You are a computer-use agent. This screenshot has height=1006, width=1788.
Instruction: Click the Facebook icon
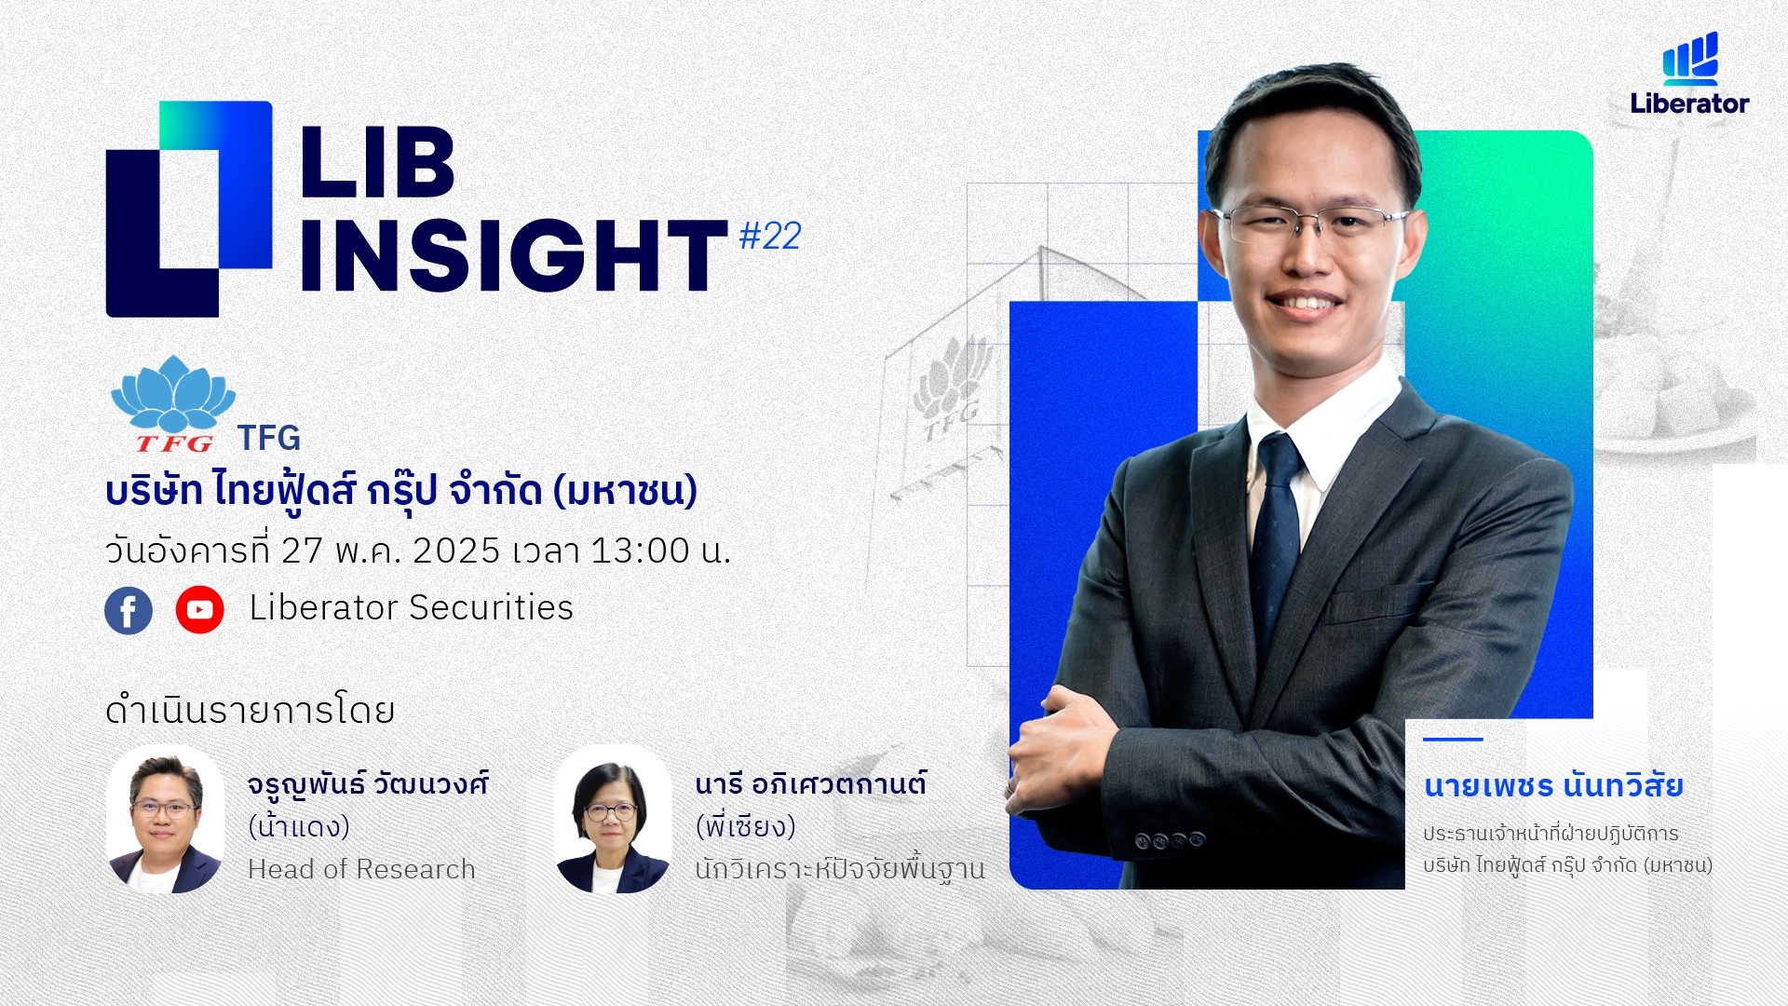(129, 610)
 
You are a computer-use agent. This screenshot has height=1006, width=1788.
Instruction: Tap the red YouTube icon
(199, 610)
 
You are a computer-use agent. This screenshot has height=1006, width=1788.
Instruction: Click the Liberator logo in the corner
(1689, 74)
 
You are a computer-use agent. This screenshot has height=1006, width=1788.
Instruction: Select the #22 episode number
(770, 237)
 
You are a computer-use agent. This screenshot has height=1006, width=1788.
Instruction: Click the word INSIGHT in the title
(513, 255)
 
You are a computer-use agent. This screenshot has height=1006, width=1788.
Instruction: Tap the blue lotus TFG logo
(173, 403)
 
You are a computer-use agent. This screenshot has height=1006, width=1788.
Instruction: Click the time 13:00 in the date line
(639, 551)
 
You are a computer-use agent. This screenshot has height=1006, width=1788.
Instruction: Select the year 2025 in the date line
(456, 551)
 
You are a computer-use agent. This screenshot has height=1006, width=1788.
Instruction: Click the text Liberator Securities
(411, 608)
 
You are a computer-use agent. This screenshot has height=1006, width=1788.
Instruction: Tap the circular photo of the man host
(166, 819)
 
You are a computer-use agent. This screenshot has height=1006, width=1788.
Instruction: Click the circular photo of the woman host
(613, 819)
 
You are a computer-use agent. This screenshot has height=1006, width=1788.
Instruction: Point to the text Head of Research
(361, 869)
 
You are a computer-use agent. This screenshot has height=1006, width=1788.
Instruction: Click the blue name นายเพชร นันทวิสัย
(1553, 785)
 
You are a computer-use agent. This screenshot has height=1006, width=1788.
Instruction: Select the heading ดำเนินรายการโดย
(250, 711)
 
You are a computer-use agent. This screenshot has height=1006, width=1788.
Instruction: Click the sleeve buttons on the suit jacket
(1170, 840)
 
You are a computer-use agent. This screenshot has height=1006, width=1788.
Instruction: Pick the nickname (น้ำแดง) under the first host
(299, 826)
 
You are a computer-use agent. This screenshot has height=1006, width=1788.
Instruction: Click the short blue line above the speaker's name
(1453, 740)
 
